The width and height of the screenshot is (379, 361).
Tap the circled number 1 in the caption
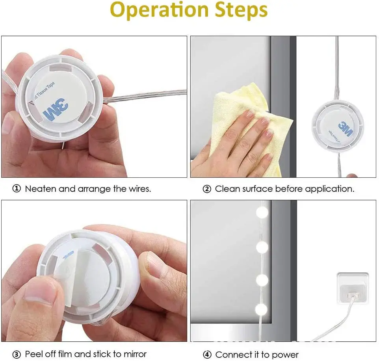(17, 189)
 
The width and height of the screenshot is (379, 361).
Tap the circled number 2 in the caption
(207, 189)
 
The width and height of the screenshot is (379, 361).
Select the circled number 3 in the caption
(17, 354)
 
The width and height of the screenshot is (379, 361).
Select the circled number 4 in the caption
(207, 355)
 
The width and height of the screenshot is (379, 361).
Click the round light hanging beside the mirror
(337, 127)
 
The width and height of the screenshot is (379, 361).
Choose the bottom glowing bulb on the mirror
(262, 307)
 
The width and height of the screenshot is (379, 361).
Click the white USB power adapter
(351, 290)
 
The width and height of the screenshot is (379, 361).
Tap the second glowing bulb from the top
(262, 247)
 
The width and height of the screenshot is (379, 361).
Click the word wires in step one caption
(139, 189)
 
